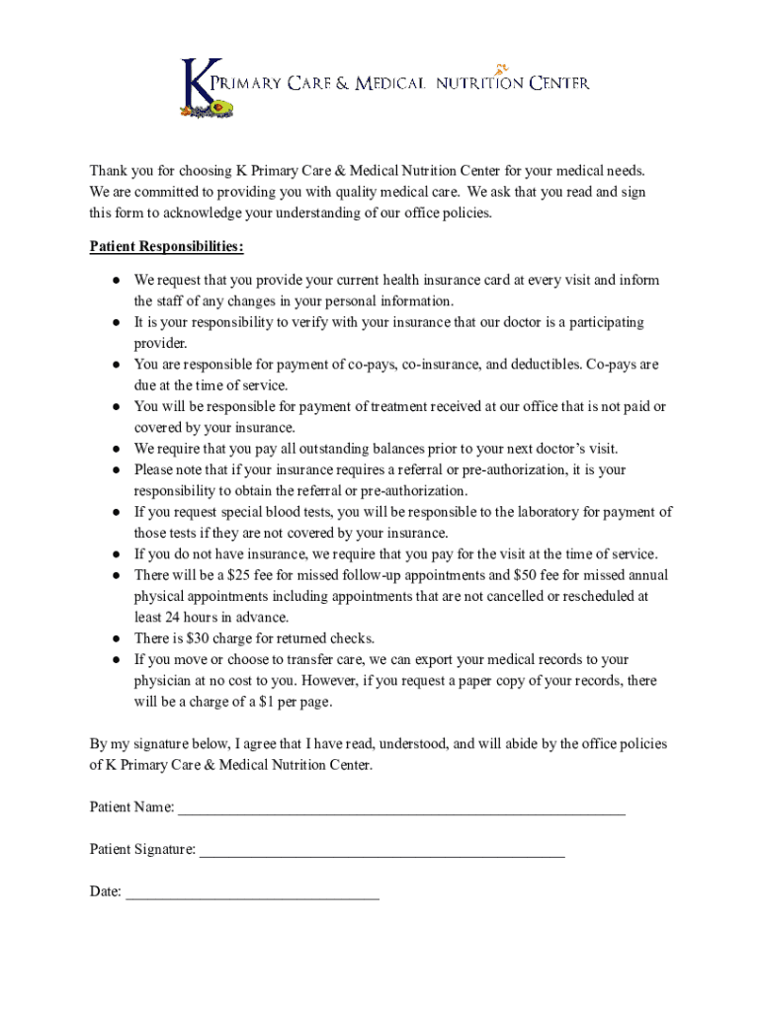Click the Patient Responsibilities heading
[x=166, y=246]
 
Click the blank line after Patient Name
[x=401, y=812]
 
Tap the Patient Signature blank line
[x=381, y=854]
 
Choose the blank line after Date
[x=253, y=896]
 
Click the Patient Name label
[x=131, y=807]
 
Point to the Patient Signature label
[x=142, y=850]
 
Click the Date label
[x=105, y=892]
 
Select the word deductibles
[x=533, y=365]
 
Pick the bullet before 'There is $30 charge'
[x=116, y=639]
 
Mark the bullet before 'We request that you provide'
[x=116, y=281]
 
